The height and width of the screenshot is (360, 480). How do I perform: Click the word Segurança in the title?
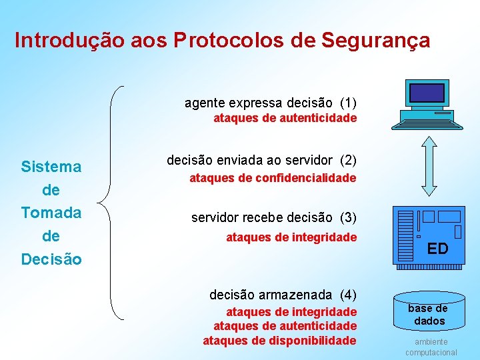pos(375,41)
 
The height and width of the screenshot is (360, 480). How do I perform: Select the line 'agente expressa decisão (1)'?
pos(270,103)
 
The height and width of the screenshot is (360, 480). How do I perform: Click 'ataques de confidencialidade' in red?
pos(273,178)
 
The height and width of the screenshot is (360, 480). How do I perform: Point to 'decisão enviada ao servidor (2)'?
pos(261,160)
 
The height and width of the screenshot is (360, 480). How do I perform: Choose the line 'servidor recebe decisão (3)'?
pos(273,217)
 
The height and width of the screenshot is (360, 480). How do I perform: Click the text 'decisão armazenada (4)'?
pos(283,295)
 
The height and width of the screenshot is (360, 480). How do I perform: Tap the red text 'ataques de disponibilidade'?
pos(279,341)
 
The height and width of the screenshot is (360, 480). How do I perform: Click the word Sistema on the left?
pos(51,167)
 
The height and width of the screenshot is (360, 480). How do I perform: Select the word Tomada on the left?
pos(51,213)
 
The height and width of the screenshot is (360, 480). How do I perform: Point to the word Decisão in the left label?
pos(51,259)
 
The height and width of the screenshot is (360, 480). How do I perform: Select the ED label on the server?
pos(437,249)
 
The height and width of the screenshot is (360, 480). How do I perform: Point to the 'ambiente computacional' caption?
pos(431,347)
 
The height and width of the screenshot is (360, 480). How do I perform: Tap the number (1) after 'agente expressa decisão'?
pos(348,103)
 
